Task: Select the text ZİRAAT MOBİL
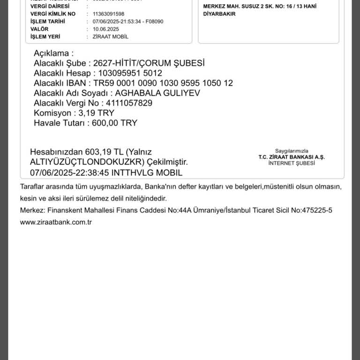tap(111, 37)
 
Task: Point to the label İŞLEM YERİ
tap(45, 37)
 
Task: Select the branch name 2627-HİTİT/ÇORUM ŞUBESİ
tap(149, 63)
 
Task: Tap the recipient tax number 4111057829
tap(129, 103)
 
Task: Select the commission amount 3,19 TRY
tap(97, 113)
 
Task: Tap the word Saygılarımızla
tap(292, 151)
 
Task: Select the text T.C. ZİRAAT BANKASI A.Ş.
tap(292, 157)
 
